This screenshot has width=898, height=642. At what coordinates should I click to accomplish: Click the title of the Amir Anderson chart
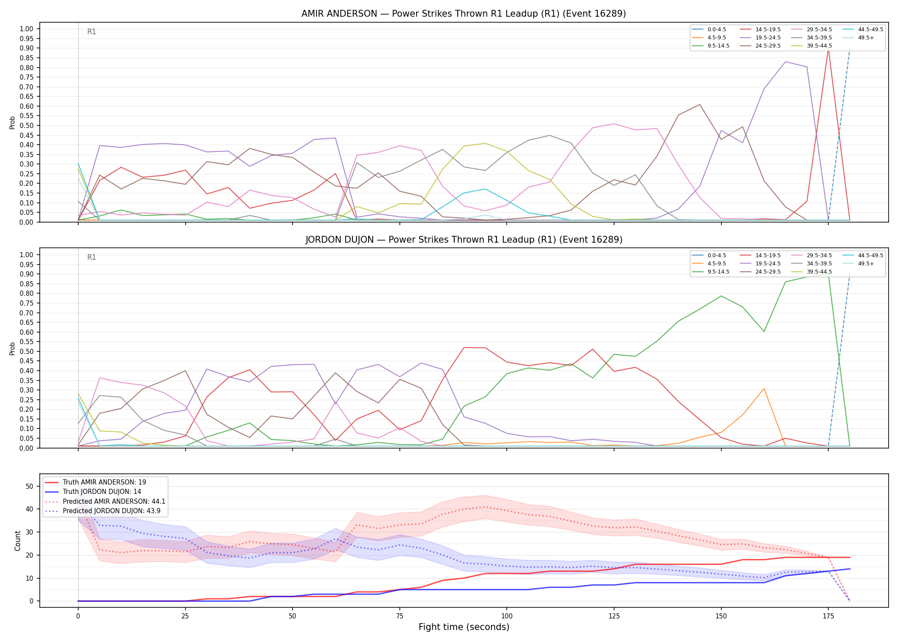tap(464, 14)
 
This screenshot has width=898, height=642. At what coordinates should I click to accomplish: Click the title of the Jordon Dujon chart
tap(464, 240)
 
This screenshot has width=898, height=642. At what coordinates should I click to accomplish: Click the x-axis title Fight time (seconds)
tap(464, 627)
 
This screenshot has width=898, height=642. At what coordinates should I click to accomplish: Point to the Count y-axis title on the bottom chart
tap(18, 541)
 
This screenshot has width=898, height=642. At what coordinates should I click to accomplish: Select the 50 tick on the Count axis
tap(30, 486)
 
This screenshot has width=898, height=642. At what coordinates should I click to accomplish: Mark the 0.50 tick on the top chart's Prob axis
tap(27, 125)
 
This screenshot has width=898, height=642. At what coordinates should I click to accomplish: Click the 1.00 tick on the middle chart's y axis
tap(27, 255)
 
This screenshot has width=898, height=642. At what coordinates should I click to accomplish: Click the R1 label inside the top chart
tap(92, 32)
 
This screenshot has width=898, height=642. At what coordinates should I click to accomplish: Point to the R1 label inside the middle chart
tap(92, 257)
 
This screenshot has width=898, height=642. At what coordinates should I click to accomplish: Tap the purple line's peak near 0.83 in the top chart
tap(786, 62)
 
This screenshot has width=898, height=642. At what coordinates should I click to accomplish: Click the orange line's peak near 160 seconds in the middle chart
tap(764, 389)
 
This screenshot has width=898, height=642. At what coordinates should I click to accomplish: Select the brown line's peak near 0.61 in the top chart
tap(700, 104)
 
